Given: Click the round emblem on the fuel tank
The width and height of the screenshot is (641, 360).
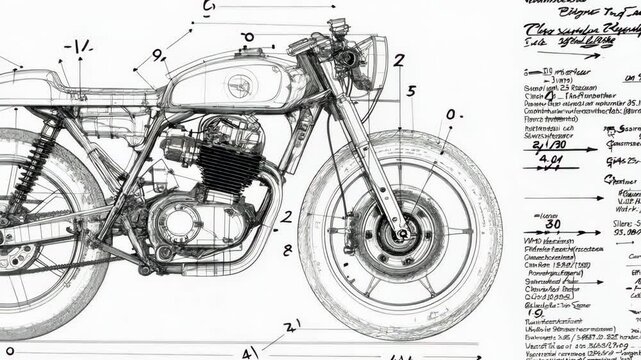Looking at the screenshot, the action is click(x=241, y=85).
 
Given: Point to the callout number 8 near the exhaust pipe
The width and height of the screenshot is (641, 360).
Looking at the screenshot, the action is click(x=288, y=250).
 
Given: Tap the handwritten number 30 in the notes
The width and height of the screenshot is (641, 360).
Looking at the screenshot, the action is click(x=551, y=224).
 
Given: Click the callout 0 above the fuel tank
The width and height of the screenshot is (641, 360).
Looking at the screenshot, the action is click(x=248, y=37).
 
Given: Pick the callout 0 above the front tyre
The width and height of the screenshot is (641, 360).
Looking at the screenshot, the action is click(x=452, y=115).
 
